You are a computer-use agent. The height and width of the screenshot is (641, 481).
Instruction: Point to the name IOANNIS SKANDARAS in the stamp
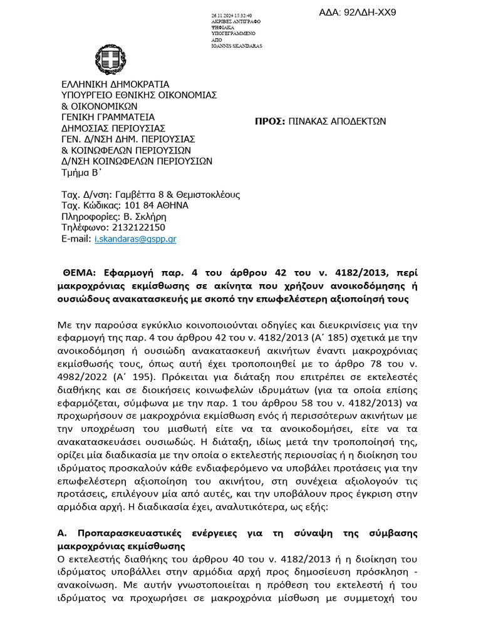tap(237, 46)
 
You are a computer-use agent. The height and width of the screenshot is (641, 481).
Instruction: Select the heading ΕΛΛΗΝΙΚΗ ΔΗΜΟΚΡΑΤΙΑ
tap(115, 84)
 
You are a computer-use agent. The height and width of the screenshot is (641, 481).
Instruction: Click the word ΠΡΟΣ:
tap(270, 121)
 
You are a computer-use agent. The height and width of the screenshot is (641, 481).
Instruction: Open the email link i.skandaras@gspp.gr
tap(135, 239)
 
